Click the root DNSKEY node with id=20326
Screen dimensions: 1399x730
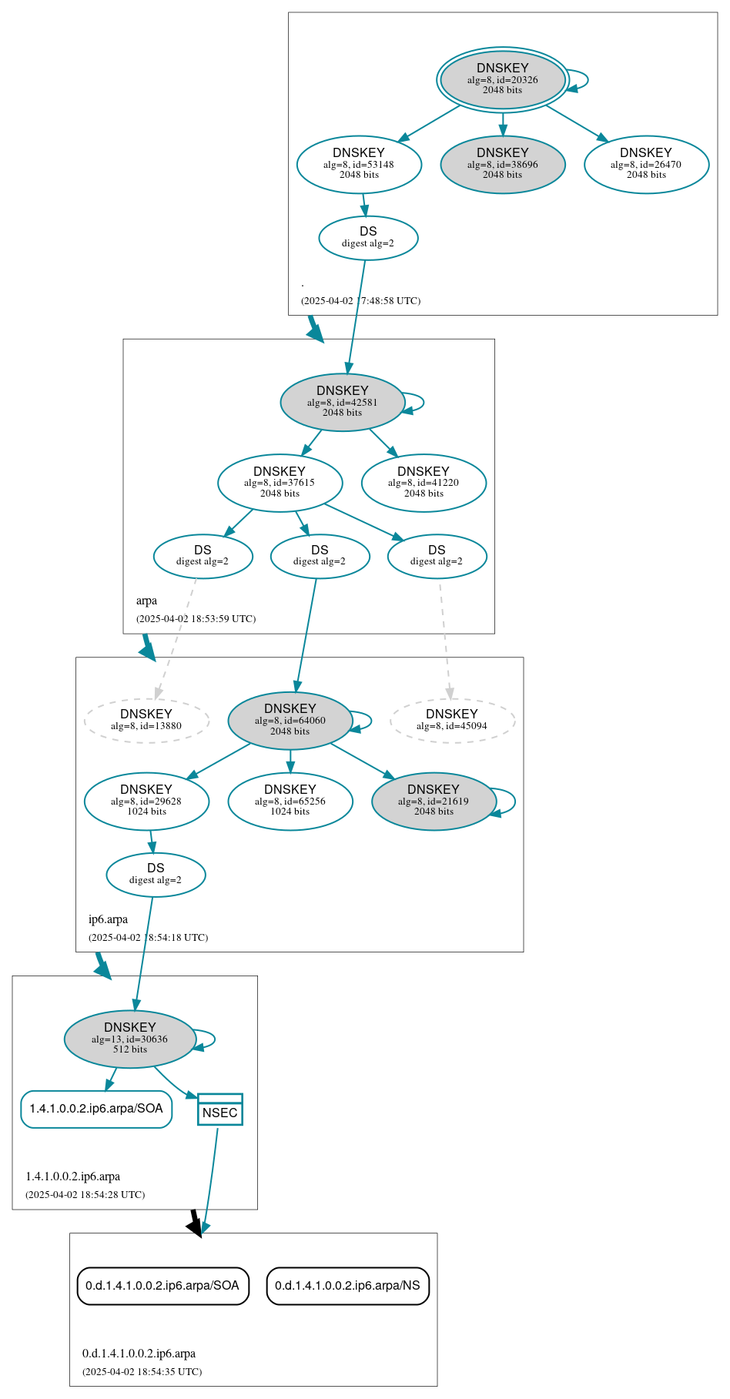point(502,79)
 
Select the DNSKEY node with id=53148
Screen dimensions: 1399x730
point(359,164)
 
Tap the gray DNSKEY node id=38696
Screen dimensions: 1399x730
point(502,164)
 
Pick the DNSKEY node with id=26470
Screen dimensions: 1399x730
point(646,164)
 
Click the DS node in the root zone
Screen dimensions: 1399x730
point(368,238)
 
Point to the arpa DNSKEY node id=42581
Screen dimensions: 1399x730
point(342,402)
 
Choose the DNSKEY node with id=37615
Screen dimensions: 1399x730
point(280,483)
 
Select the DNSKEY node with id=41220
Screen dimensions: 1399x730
point(424,483)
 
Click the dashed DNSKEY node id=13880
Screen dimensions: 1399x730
point(146,721)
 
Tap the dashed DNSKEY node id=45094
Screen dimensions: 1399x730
point(452,721)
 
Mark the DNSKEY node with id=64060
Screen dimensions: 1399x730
point(290,721)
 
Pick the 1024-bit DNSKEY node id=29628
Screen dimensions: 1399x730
point(146,801)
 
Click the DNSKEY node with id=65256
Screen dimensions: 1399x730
point(290,801)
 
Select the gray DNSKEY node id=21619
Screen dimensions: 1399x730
point(434,801)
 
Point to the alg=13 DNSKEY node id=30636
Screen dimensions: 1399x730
point(129,1039)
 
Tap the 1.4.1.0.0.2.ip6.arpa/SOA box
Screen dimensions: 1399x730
point(96,1109)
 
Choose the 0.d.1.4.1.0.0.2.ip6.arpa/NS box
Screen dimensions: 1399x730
point(347,1286)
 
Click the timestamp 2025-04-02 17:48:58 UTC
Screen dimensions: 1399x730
point(360,300)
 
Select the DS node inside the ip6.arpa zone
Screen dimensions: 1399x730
point(156,875)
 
